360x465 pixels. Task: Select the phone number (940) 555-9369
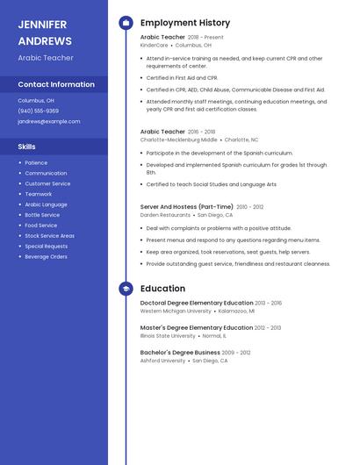[38, 111]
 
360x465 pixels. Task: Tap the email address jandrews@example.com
[48, 122]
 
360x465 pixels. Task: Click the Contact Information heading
[56, 84]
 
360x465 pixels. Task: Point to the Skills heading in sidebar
[26, 147]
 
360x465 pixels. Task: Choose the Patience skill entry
[36, 162]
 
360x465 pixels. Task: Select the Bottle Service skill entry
[42, 215]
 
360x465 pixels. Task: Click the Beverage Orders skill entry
[46, 257]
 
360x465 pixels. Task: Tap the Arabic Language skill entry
[46, 204]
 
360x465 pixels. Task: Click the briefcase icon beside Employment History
[126, 23]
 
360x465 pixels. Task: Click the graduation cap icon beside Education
[126, 289]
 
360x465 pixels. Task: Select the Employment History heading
[185, 23]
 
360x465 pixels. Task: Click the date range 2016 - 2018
[202, 132]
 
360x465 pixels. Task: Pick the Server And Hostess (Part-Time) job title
[187, 207]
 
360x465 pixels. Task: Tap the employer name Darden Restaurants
[165, 215]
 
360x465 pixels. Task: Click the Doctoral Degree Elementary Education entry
[197, 303]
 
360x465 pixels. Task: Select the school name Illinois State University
[168, 335]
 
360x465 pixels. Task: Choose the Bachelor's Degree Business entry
[180, 352]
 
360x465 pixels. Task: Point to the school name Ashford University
[162, 360]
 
